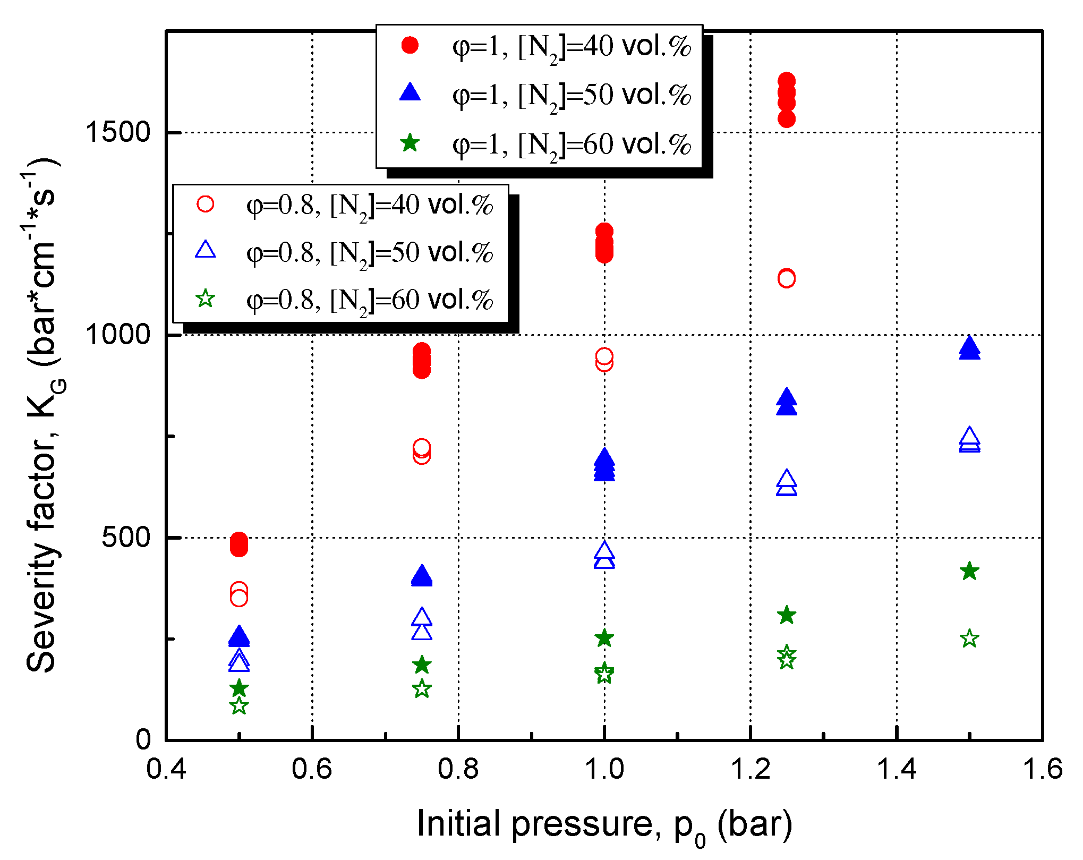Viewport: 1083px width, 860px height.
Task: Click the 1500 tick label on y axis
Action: coord(118,132)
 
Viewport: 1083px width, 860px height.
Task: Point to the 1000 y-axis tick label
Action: coord(118,335)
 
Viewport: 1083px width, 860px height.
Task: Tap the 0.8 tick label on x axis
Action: coord(458,769)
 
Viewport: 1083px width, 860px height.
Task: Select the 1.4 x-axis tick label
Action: coord(897,769)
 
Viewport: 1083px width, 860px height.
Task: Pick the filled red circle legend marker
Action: coord(410,45)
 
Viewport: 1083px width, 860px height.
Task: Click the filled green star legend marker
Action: coord(410,143)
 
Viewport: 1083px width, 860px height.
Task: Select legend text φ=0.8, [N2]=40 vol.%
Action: coord(370,206)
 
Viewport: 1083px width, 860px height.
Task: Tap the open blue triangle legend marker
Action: coord(206,250)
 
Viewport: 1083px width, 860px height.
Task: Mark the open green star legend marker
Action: coord(206,299)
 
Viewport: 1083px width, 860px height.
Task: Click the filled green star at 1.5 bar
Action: coord(969,572)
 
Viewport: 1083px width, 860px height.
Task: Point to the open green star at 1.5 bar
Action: coord(969,638)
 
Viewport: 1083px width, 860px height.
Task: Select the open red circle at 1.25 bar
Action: coord(787,278)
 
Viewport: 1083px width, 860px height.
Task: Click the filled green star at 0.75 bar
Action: coord(422,665)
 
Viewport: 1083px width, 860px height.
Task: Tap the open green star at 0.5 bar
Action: coord(239,706)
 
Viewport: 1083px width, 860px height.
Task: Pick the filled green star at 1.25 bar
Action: coord(787,616)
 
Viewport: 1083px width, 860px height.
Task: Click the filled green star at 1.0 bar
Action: coord(604,638)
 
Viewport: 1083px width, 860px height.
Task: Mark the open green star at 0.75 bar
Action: coord(422,689)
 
